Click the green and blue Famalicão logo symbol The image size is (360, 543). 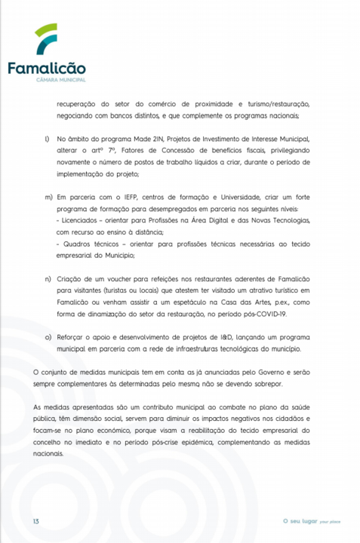click(46, 40)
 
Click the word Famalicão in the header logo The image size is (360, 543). click(46, 69)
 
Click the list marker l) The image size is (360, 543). click(47, 140)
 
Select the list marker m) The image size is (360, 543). click(48, 196)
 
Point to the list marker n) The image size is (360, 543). click(48, 278)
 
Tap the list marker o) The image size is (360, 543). click(48, 336)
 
